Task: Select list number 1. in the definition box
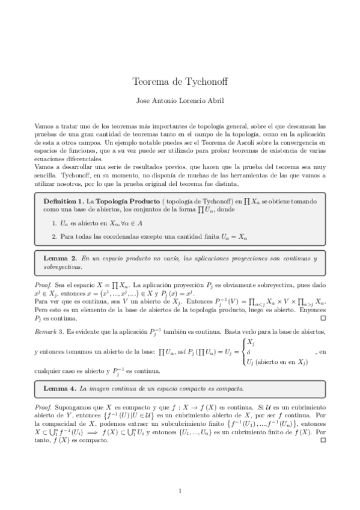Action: pos(54,223)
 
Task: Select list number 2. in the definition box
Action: pos(54,236)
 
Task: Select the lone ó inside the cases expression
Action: pos(249,351)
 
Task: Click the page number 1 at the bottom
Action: pos(180,492)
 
